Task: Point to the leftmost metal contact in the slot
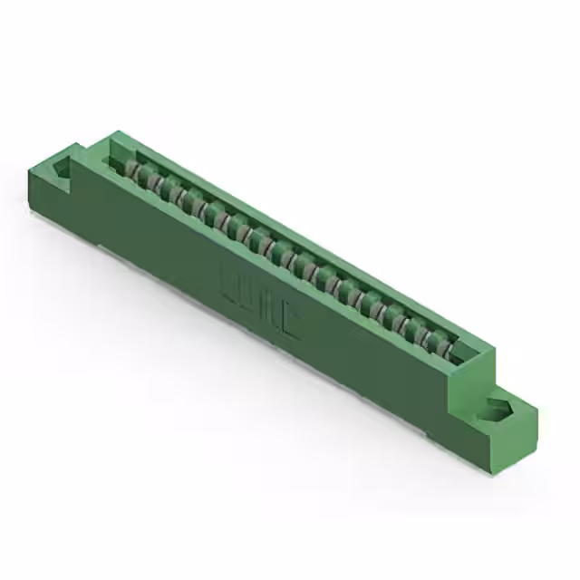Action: (x=134, y=171)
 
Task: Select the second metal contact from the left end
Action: (x=151, y=181)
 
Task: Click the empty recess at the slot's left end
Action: (x=115, y=161)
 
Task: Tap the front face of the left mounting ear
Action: (x=50, y=195)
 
